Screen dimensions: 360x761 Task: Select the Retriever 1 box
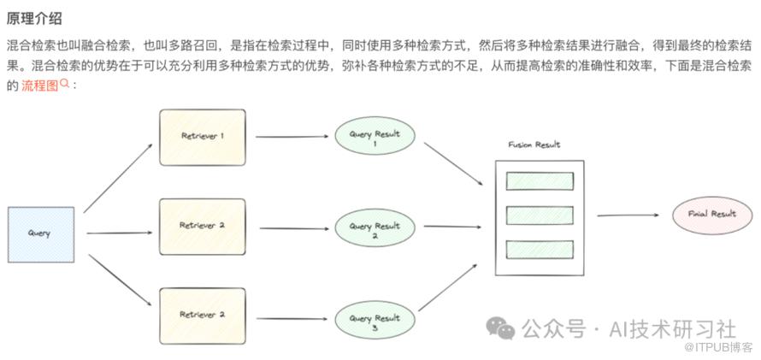coord(202,137)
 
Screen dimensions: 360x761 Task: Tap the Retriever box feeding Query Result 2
coord(202,226)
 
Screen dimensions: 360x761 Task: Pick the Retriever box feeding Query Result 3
coord(202,315)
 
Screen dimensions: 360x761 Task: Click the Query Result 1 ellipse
coord(375,137)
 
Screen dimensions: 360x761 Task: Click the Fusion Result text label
coord(534,145)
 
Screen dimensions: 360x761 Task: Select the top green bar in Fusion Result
coord(540,181)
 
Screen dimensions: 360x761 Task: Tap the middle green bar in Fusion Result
coord(540,215)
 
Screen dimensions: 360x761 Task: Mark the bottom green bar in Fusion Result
coord(540,250)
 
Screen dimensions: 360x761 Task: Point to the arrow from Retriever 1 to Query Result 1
coord(290,137)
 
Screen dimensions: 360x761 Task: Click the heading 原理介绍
coord(34,18)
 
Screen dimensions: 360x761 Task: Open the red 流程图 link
coord(39,86)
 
